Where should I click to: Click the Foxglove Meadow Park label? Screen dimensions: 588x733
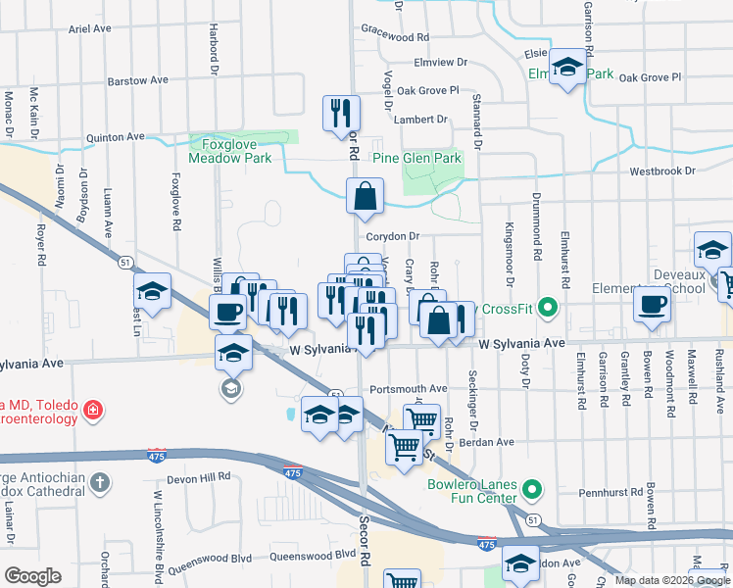click(x=229, y=149)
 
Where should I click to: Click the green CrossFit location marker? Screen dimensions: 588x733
click(x=549, y=310)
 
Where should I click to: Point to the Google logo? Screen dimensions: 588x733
click(x=32, y=576)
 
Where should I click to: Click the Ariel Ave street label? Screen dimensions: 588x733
click(x=90, y=29)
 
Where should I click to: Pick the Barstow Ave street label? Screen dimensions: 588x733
click(x=138, y=80)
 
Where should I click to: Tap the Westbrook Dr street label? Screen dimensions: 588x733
click(x=662, y=171)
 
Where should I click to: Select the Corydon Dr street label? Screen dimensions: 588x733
click(x=392, y=236)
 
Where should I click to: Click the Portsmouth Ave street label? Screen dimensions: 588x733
click(x=415, y=388)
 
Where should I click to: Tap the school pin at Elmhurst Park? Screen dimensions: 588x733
click(x=566, y=67)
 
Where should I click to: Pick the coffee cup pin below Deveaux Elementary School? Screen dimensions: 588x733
click(x=652, y=304)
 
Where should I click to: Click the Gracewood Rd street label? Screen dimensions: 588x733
click(x=396, y=36)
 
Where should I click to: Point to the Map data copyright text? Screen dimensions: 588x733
click(x=671, y=580)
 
